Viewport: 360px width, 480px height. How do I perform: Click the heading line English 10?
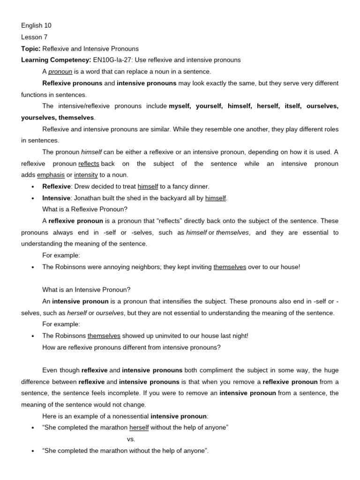(36, 26)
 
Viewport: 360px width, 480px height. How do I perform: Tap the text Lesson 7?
(34, 37)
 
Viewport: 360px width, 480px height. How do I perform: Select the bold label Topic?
(30, 49)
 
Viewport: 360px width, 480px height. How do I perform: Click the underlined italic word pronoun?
(60, 72)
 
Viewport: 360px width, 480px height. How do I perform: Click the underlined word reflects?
(89, 164)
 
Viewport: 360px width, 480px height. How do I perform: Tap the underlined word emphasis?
(51, 175)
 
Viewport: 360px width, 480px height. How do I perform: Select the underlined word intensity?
(86, 175)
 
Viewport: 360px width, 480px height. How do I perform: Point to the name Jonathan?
(88, 198)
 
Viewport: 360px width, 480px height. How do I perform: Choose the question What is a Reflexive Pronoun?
(85, 210)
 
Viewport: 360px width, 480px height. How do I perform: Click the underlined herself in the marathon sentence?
(139, 428)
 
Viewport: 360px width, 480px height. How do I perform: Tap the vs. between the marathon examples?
(131, 439)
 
